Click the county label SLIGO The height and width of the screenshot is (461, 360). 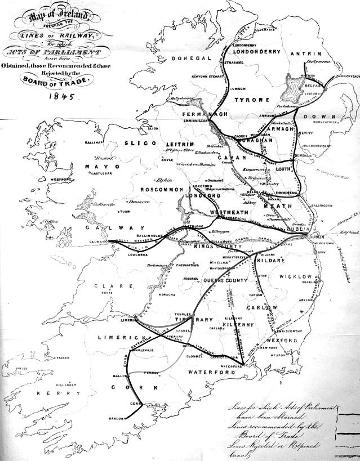click(x=136, y=144)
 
